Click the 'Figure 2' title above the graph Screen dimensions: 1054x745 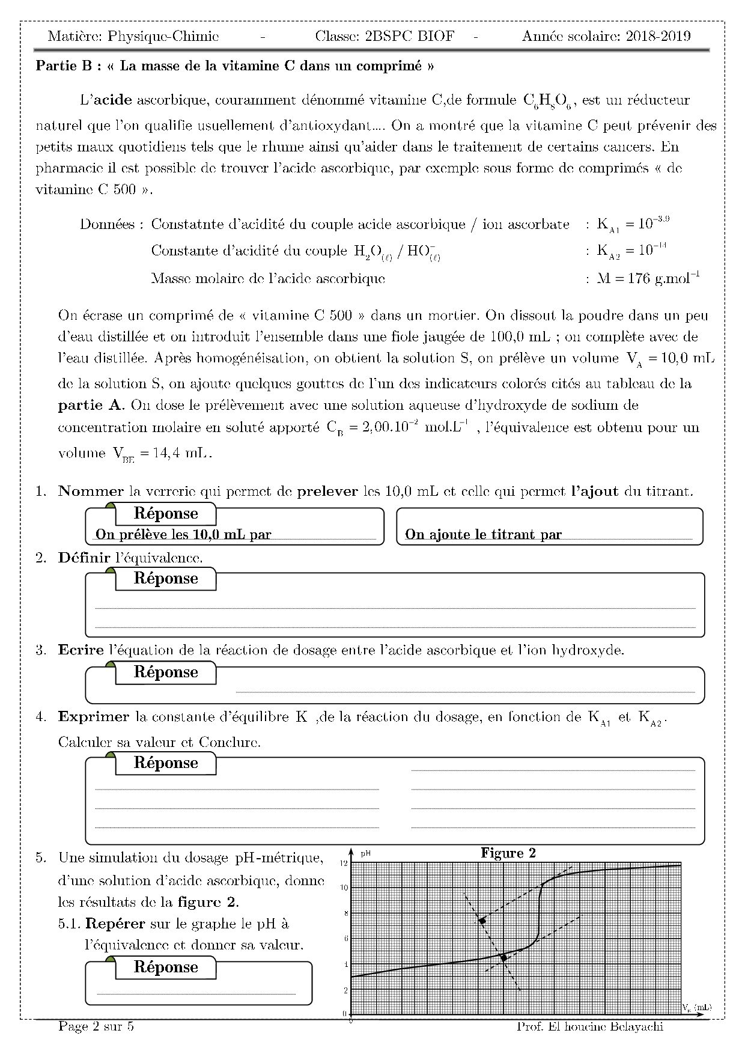[508, 853]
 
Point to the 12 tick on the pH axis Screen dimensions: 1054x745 [344, 864]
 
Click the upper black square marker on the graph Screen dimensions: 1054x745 [482, 921]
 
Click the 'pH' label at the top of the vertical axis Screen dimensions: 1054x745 [365, 853]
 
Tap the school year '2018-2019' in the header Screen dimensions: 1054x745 [658, 36]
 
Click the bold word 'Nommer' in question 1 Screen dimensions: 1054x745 [91, 491]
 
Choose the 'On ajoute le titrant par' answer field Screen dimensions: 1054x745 [549, 534]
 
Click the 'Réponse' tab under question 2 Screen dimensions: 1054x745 [166, 579]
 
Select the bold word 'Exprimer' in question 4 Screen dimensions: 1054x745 [94, 716]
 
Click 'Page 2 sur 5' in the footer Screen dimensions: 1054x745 [96, 1026]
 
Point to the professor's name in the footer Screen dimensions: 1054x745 [589, 1026]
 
